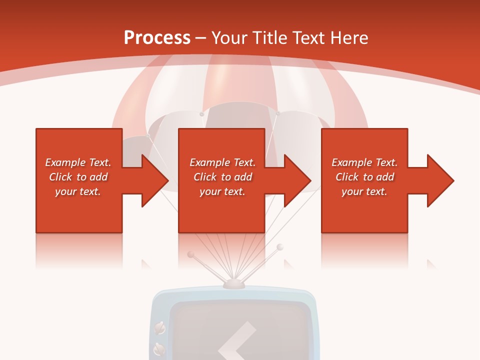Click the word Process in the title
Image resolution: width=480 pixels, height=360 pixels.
tap(157, 38)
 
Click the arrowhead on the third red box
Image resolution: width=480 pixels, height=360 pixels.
tap(439, 180)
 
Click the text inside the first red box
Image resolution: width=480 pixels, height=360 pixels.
tap(78, 177)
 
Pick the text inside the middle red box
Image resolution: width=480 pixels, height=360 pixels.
tap(222, 177)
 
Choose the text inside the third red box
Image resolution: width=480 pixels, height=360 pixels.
tap(364, 177)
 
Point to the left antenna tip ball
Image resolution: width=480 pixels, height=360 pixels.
tap(190, 254)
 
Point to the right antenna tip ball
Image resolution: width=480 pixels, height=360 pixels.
tap(280, 247)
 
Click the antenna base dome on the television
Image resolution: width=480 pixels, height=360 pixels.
tap(233, 284)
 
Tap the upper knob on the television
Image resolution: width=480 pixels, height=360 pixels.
tap(160, 328)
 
